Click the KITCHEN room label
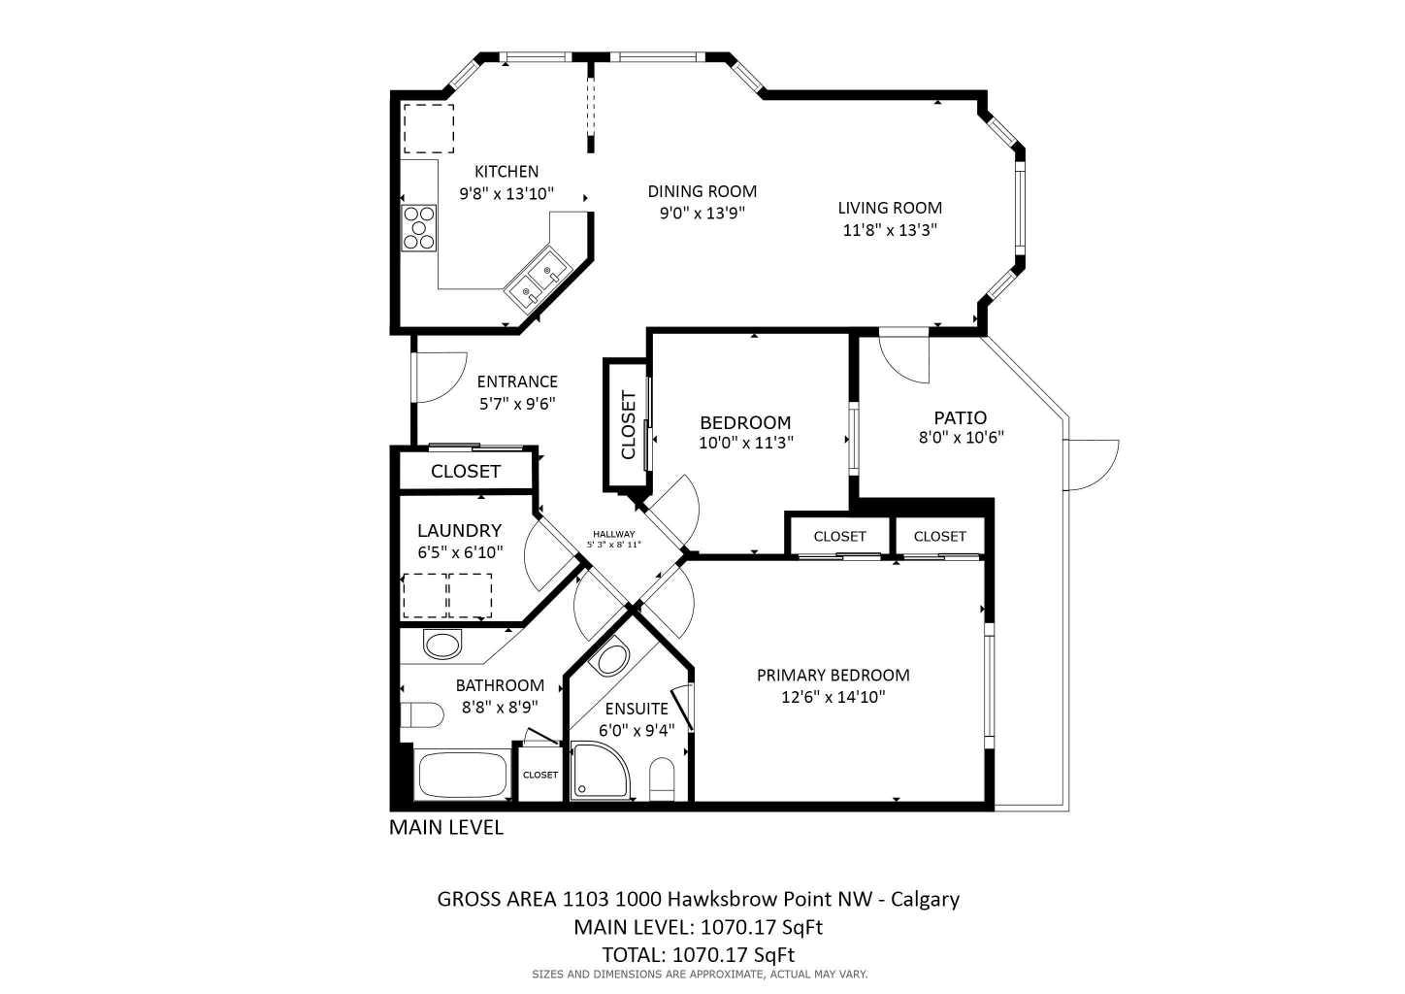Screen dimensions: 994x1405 click(506, 172)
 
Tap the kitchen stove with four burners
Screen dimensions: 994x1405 click(420, 229)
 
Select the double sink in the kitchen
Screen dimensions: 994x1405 click(538, 277)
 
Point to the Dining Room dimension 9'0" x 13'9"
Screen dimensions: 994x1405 click(702, 213)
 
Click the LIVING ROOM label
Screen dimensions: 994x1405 click(890, 208)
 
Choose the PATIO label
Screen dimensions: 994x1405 click(960, 418)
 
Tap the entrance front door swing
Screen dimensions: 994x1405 click(437, 377)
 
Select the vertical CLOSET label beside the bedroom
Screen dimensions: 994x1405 click(628, 425)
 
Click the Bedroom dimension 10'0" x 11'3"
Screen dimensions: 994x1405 click(745, 443)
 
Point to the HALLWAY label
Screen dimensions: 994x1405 click(613, 534)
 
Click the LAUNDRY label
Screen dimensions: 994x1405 click(459, 531)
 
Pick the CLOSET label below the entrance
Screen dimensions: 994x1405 click(466, 472)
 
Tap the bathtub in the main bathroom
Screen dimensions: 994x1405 click(462, 775)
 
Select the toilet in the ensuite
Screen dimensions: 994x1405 click(662, 779)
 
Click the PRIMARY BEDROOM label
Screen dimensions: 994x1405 click(833, 676)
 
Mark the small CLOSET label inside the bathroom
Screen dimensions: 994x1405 click(540, 775)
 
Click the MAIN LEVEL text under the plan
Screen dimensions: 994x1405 click(446, 828)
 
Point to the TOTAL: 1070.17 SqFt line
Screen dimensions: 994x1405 click(698, 954)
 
